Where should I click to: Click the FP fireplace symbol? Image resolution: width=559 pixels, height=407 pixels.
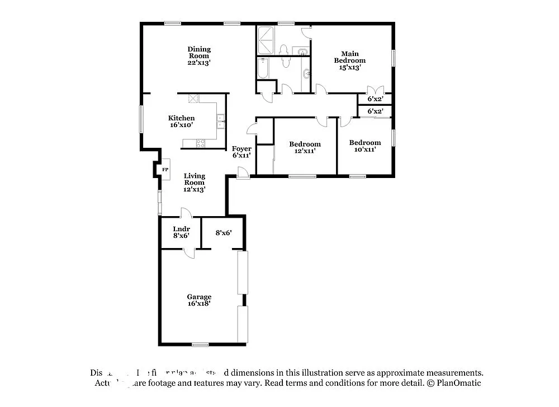click(x=165, y=170)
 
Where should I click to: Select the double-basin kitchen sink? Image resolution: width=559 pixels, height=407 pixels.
click(x=221, y=118)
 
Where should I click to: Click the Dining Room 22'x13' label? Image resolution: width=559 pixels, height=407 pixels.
click(x=199, y=56)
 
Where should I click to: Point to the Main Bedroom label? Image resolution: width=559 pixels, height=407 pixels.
click(x=350, y=60)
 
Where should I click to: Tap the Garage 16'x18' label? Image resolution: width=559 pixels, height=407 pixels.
click(x=199, y=300)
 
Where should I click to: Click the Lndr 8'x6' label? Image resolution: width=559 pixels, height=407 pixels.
click(x=181, y=232)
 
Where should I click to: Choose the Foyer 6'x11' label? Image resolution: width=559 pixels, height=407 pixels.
click(x=242, y=152)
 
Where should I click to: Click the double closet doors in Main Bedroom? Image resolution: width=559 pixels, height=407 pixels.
click(x=373, y=90)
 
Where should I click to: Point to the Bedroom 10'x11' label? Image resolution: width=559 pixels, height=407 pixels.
click(x=365, y=146)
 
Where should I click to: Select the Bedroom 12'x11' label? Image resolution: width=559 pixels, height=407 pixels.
click(x=305, y=148)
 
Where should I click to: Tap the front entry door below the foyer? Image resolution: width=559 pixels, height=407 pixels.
click(x=242, y=174)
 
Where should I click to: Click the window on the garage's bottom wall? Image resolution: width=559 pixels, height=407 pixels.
click(x=200, y=344)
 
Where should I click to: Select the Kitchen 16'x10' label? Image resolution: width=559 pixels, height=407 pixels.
click(x=182, y=121)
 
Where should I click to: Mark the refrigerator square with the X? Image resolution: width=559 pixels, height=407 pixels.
click(x=194, y=99)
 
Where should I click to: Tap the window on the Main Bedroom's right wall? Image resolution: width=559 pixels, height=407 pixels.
click(x=394, y=58)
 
